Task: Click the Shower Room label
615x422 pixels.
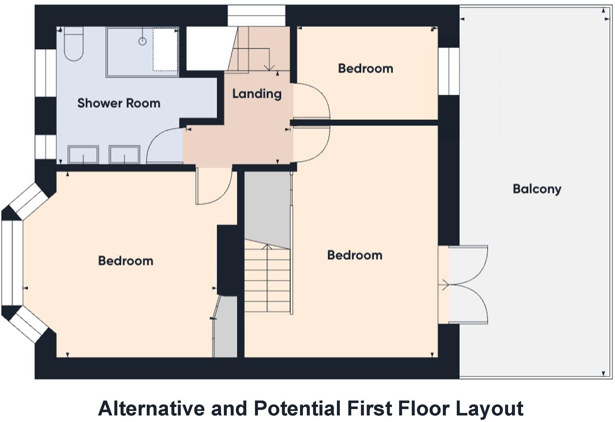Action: (x=119, y=103)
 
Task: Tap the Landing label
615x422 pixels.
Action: (x=257, y=94)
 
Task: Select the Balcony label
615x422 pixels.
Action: (x=537, y=189)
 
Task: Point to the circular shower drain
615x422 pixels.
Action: (x=142, y=41)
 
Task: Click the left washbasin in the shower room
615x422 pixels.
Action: (x=83, y=154)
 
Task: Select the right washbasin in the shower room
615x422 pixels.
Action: (x=124, y=154)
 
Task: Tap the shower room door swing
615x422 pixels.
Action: (x=163, y=144)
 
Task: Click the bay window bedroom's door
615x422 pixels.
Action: (x=212, y=186)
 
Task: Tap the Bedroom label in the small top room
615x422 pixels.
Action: (x=365, y=68)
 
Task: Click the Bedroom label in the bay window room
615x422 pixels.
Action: (x=125, y=261)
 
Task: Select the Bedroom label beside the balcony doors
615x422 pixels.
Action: (x=355, y=255)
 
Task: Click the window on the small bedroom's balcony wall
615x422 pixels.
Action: (x=449, y=71)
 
